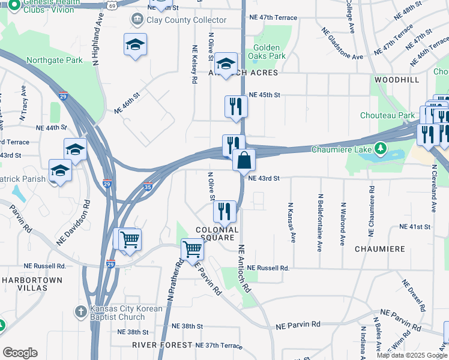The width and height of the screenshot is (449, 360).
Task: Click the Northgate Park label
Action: (55, 61)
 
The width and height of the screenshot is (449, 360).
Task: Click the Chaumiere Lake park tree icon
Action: (379, 148)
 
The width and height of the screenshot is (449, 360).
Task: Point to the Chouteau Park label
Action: (387, 115)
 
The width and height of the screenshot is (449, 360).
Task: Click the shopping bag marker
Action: (244, 161)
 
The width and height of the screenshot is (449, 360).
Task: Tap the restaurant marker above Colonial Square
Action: (225, 211)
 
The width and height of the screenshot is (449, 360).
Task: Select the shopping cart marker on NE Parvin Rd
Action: (192, 248)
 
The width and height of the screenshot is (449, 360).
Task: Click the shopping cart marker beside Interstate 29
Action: (130, 240)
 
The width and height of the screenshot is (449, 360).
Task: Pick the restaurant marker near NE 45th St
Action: (236, 107)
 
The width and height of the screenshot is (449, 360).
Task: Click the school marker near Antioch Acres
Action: (226, 64)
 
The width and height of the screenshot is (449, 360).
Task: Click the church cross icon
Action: (81, 312)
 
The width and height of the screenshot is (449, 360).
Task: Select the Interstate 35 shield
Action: (148, 187)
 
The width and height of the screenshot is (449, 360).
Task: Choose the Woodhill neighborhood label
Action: (396, 80)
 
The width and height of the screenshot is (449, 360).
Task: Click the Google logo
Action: (20, 353)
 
